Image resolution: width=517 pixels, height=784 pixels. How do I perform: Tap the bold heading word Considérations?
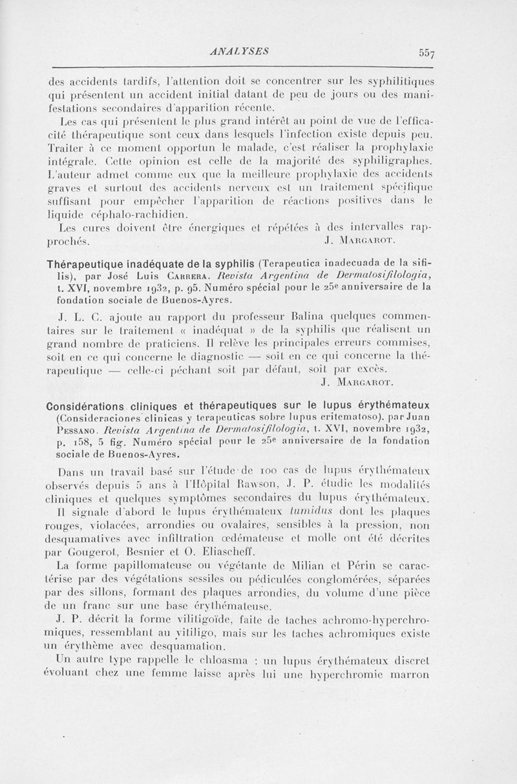(x=86, y=408)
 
